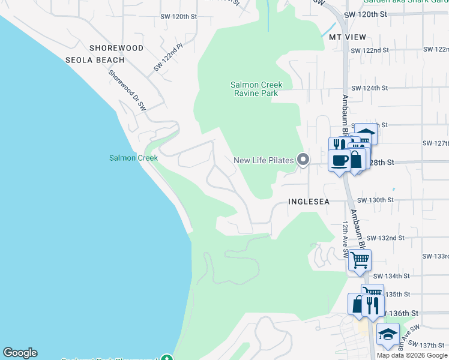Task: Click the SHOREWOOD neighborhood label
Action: pos(116,48)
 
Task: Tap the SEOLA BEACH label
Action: pos(95,60)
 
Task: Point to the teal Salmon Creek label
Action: pos(133,158)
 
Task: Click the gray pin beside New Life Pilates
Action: pos(303,160)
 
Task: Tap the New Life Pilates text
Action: pos(264,160)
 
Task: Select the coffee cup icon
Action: pos(339,160)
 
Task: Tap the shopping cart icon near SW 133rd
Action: pos(360,260)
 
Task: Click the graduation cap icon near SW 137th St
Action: pos(388,334)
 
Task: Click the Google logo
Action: pos(20,353)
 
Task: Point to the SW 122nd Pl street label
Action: pos(168,57)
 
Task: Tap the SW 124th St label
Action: pos(370,88)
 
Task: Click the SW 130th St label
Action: pos(375,200)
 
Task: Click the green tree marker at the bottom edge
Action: pos(175,356)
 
